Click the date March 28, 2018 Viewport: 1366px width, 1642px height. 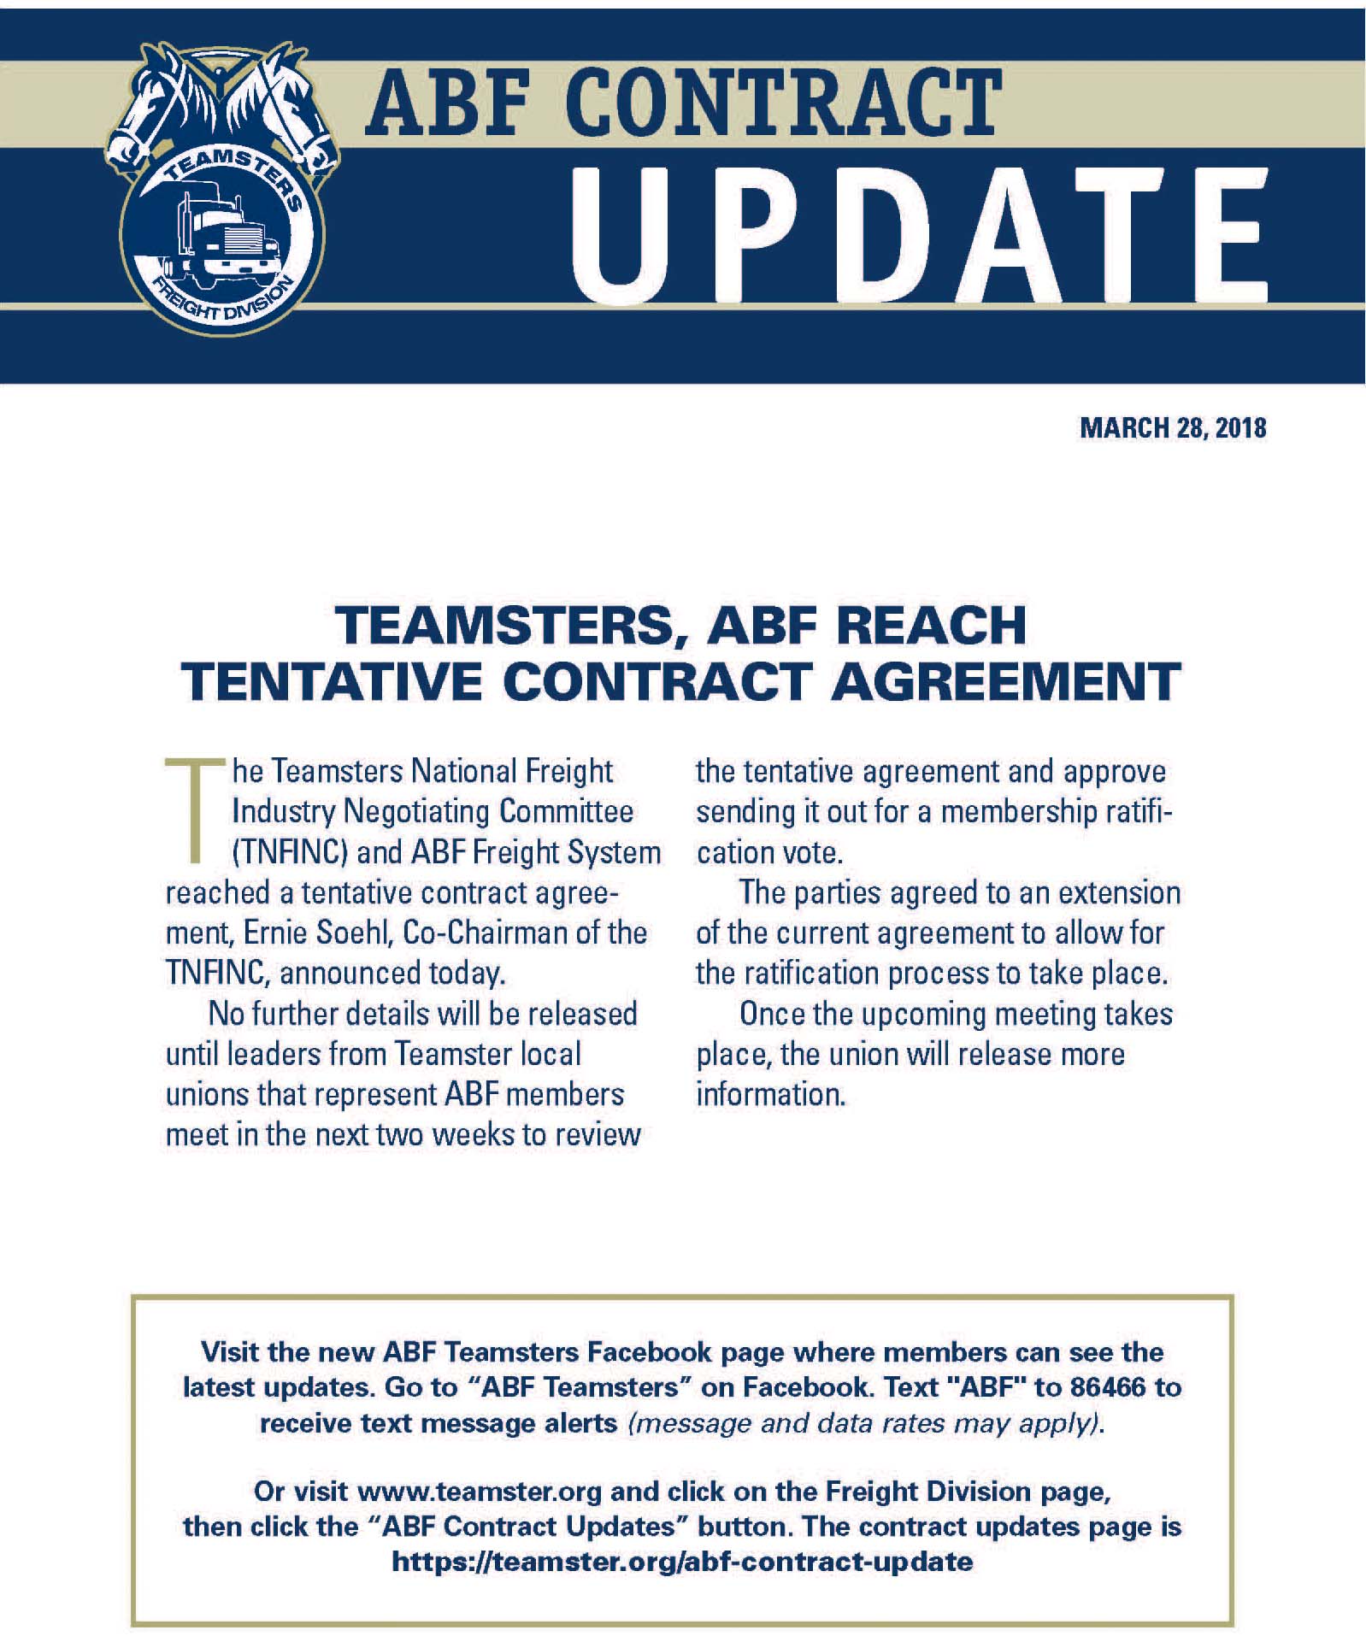pyautogui.click(x=1172, y=427)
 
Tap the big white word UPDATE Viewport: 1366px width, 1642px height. pyautogui.click(x=919, y=234)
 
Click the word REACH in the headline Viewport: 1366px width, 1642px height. pyautogui.click(x=931, y=626)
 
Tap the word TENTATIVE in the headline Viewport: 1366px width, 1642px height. pyautogui.click(x=333, y=682)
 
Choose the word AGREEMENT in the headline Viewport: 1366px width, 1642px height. pyautogui.click(x=1006, y=682)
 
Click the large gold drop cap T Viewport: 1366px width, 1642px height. pyautogui.click(x=196, y=809)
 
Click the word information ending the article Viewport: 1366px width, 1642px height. pyautogui.click(x=770, y=1094)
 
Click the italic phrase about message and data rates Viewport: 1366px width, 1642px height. pyautogui.click(x=865, y=1422)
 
